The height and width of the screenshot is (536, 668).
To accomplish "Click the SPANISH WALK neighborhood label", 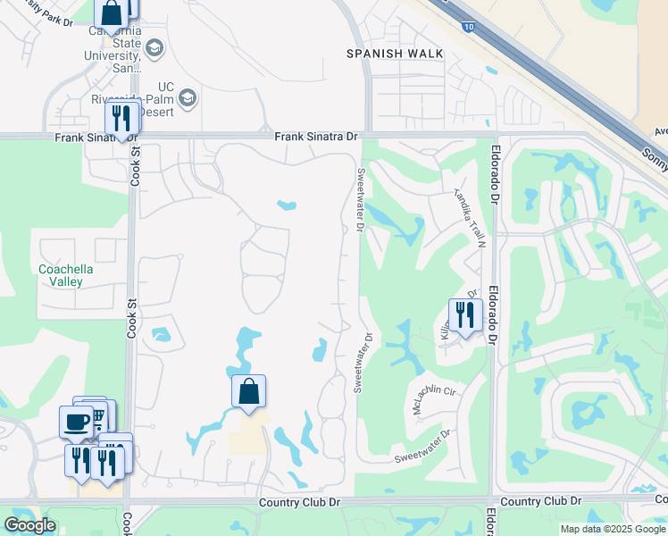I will pyautogui.click(x=395, y=54).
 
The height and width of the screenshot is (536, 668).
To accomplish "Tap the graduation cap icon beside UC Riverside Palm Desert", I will pyautogui.click(x=188, y=97).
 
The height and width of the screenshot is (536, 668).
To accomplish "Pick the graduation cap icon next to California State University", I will pyautogui.click(x=154, y=47).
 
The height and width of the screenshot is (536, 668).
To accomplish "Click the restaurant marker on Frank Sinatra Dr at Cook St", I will pyautogui.click(x=121, y=118).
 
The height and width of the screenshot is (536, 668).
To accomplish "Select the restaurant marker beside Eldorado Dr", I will pyautogui.click(x=465, y=314).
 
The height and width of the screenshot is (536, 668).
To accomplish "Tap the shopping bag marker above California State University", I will pyautogui.click(x=112, y=13).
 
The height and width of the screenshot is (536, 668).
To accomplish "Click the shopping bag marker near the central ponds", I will pyautogui.click(x=249, y=390).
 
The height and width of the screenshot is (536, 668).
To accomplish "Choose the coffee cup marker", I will pyautogui.click(x=76, y=421).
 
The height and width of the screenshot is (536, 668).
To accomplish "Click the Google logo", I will pyautogui.click(x=29, y=525).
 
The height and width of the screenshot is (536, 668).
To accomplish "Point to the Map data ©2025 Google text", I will pyautogui.click(x=613, y=529).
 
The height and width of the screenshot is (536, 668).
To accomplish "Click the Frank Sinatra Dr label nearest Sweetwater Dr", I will pyautogui.click(x=315, y=137).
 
